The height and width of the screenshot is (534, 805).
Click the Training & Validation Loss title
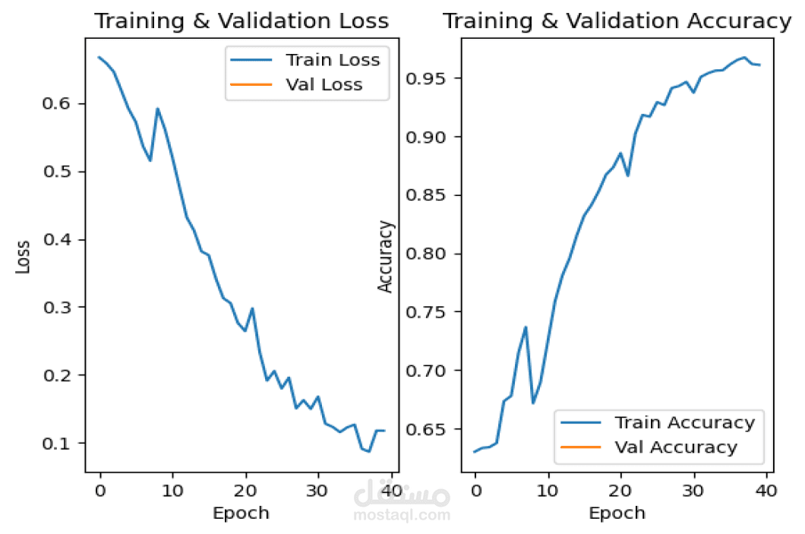[241, 21]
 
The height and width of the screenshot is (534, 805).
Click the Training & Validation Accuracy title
[617, 21]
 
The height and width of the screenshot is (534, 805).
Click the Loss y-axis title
[24, 256]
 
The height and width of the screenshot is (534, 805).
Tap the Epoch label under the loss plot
[241, 513]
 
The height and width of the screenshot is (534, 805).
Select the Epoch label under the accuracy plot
[617, 513]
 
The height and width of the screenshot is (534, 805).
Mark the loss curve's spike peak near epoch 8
[157, 109]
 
